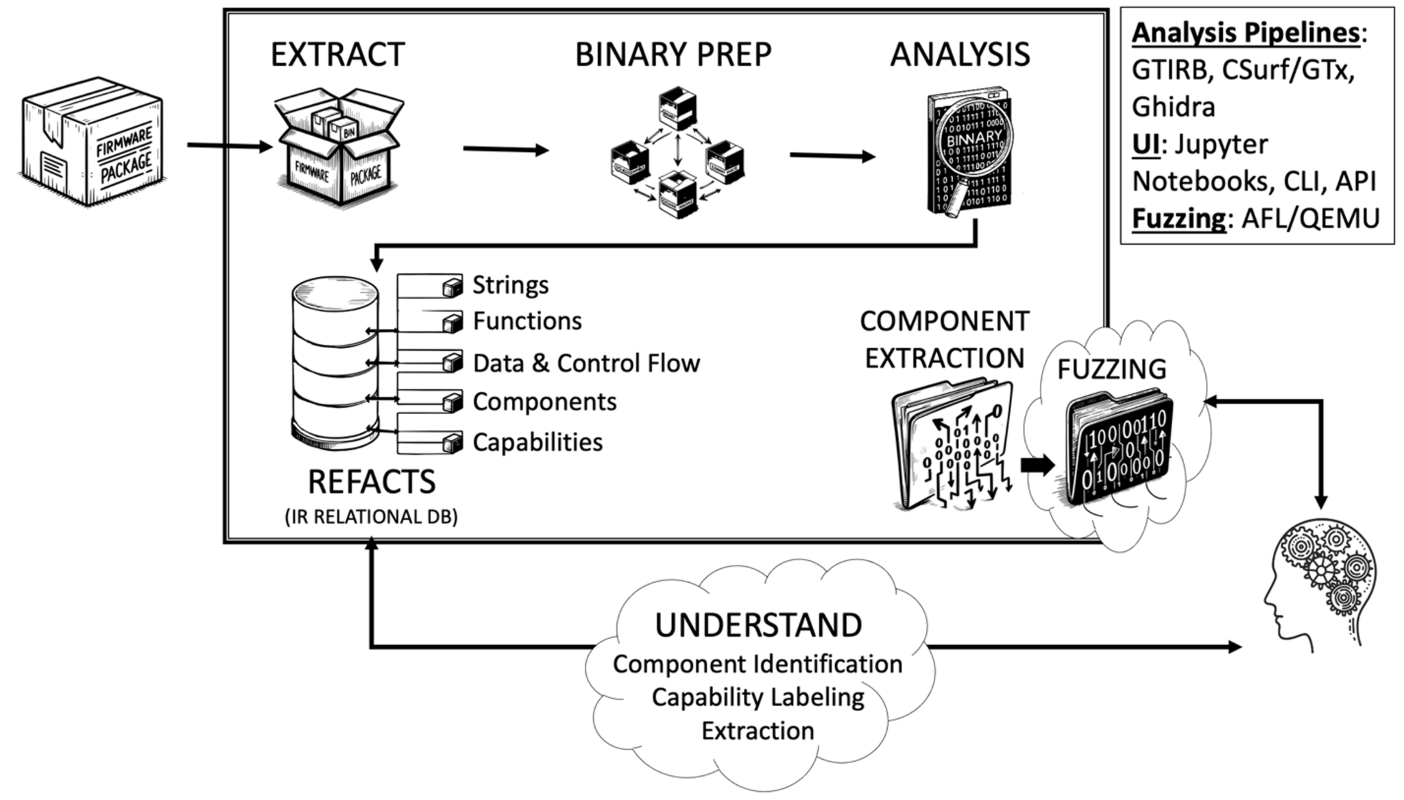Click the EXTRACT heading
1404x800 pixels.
coord(337,55)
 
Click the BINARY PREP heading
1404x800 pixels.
coord(673,55)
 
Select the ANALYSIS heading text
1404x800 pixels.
coord(960,55)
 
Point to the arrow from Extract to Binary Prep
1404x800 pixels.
coord(505,149)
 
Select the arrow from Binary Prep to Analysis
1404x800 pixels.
coord(832,156)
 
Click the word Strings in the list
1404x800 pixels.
coord(510,285)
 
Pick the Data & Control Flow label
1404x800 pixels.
coord(586,363)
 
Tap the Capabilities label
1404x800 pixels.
coord(537,442)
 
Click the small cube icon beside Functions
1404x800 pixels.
coord(452,323)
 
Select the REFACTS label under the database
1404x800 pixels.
coord(371,482)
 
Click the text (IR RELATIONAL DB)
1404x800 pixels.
coord(371,517)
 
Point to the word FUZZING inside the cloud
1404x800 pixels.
coord(1111,369)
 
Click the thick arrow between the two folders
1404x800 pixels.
coord(1037,465)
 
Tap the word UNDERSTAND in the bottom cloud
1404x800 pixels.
coord(758,625)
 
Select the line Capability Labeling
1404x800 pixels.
coord(758,698)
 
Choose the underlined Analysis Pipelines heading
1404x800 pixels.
coord(1245,33)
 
